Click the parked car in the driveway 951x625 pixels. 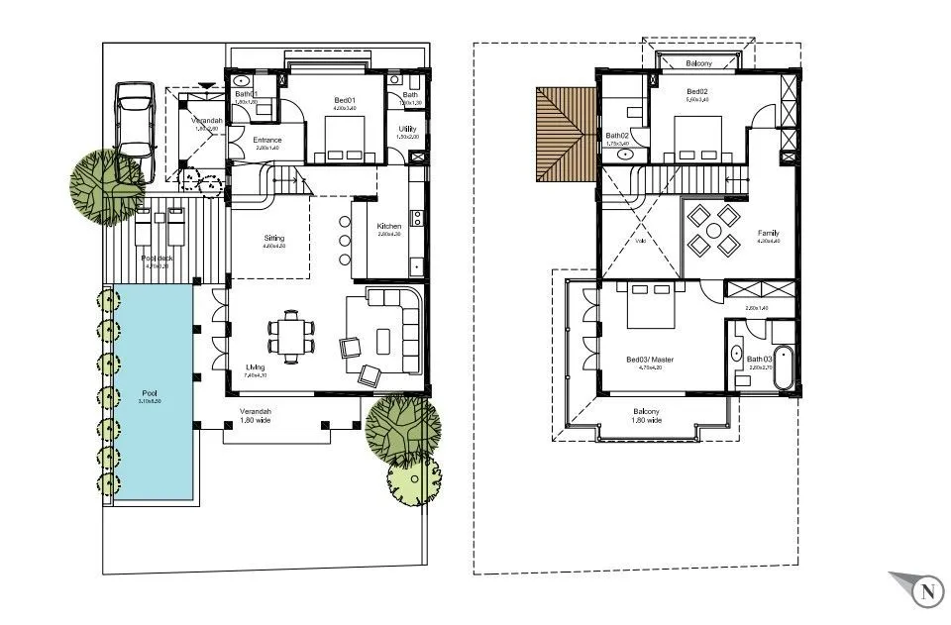tap(136, 123)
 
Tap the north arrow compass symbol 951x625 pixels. tap(926, 592)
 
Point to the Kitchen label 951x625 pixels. tap(388, 228)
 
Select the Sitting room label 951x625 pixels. tap(274, 240)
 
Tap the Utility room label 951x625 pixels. tap(407, 130)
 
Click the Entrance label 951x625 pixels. tap(267, 142)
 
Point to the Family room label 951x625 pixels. tap(768, 235)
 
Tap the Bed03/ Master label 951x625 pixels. tap(650, 360)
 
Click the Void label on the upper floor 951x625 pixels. tap(641, 240)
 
